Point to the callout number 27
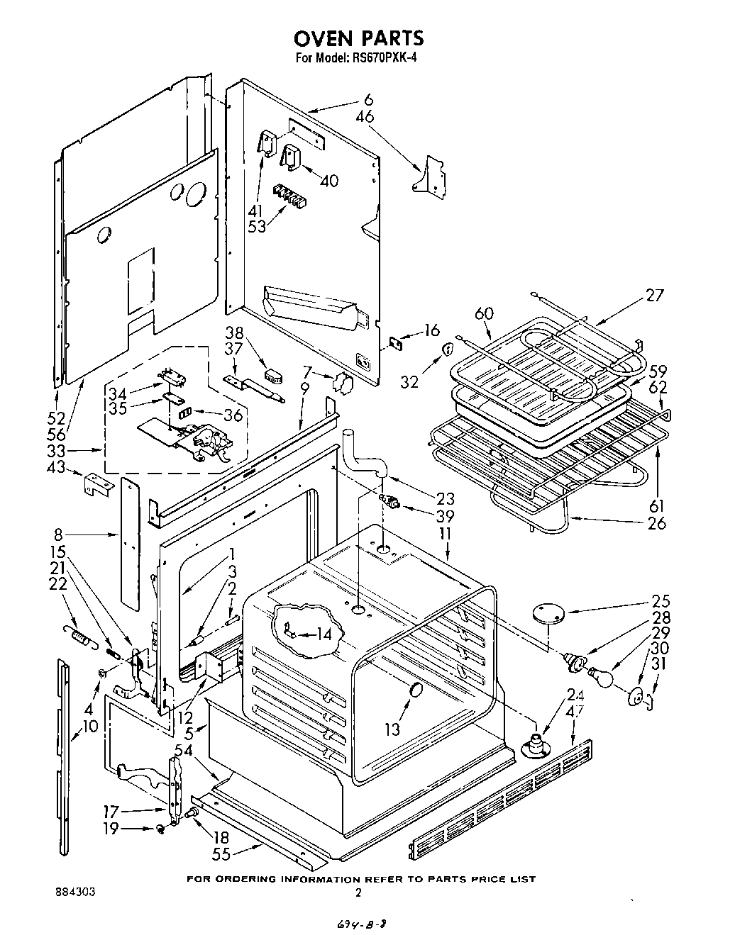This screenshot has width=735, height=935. tap(655, 295)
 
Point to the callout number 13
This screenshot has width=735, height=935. tap(392, 729)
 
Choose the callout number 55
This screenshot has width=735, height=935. tap(221, 854)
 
